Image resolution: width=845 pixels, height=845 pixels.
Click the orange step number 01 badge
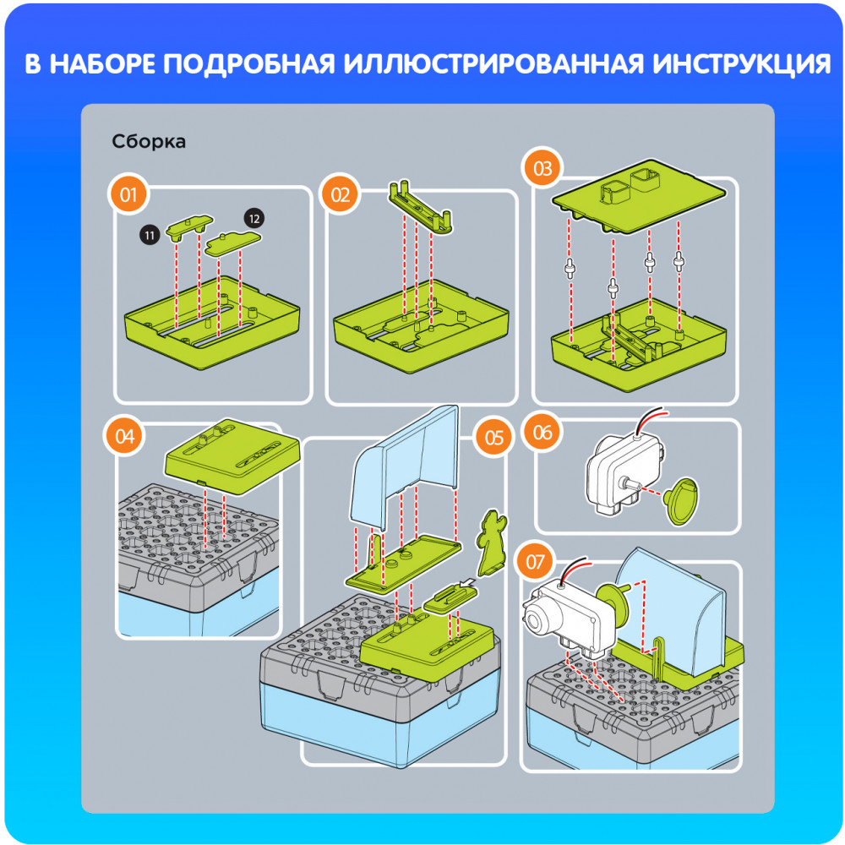(128, 194)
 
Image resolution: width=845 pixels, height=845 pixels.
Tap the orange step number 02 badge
(340, 194)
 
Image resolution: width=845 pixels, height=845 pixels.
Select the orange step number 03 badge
(542, 168)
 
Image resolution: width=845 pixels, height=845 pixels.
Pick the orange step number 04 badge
(124, 436)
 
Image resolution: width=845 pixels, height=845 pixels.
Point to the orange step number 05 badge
(493, 438)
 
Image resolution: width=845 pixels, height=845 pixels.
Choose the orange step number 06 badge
(542, 432)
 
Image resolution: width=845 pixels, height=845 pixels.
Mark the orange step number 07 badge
(535, 562)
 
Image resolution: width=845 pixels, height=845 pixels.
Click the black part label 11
(150, 235)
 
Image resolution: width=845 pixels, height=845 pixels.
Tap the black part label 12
(253, 219)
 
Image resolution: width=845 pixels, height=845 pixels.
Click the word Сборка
(149, 141)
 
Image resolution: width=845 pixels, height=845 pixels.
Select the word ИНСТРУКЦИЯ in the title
(742, 63)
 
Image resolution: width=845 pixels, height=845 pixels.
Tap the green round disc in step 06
(682, 500)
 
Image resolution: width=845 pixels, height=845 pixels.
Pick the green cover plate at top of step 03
(639, 196)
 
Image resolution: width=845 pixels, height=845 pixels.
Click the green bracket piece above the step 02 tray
(420, 208)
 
